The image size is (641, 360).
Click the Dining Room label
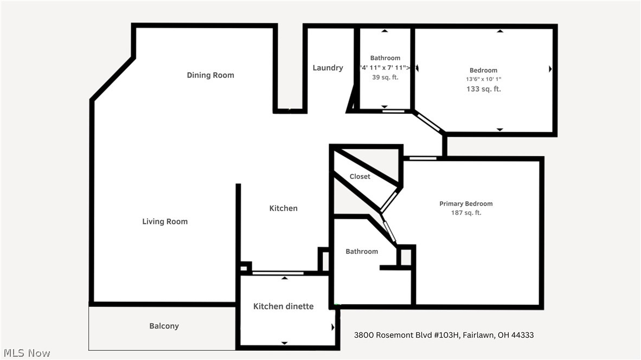[x=210, y=75]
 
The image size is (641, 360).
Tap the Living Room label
[x=165, y=222]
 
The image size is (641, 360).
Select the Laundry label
[x=328, y=68]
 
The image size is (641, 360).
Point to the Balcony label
[x=164, y=326]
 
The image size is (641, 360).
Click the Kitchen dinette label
[x=283, y=307]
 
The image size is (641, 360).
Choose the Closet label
[x=360, y=177]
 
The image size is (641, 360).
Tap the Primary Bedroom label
[x=466, y=204]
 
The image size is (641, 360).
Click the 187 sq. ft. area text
[x=466, y=213]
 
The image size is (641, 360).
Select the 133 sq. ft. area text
[x=483, y=89]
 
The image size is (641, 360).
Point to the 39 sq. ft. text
[x=385, y=78]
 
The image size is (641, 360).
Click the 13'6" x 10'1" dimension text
[x=483, y=79]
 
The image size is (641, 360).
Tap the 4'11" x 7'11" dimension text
[x=385, y=68]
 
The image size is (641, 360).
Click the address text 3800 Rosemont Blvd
[x=444, y=335]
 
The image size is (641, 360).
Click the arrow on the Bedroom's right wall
[x=550, y=69]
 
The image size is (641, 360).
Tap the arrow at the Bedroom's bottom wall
[x=499, y=130]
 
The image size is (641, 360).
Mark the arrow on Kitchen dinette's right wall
[x=333, y=327]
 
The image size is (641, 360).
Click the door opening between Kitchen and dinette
[x=278, y=273]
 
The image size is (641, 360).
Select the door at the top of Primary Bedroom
[x=422, y=158]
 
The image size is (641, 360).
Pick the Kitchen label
[x=283, y=209]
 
